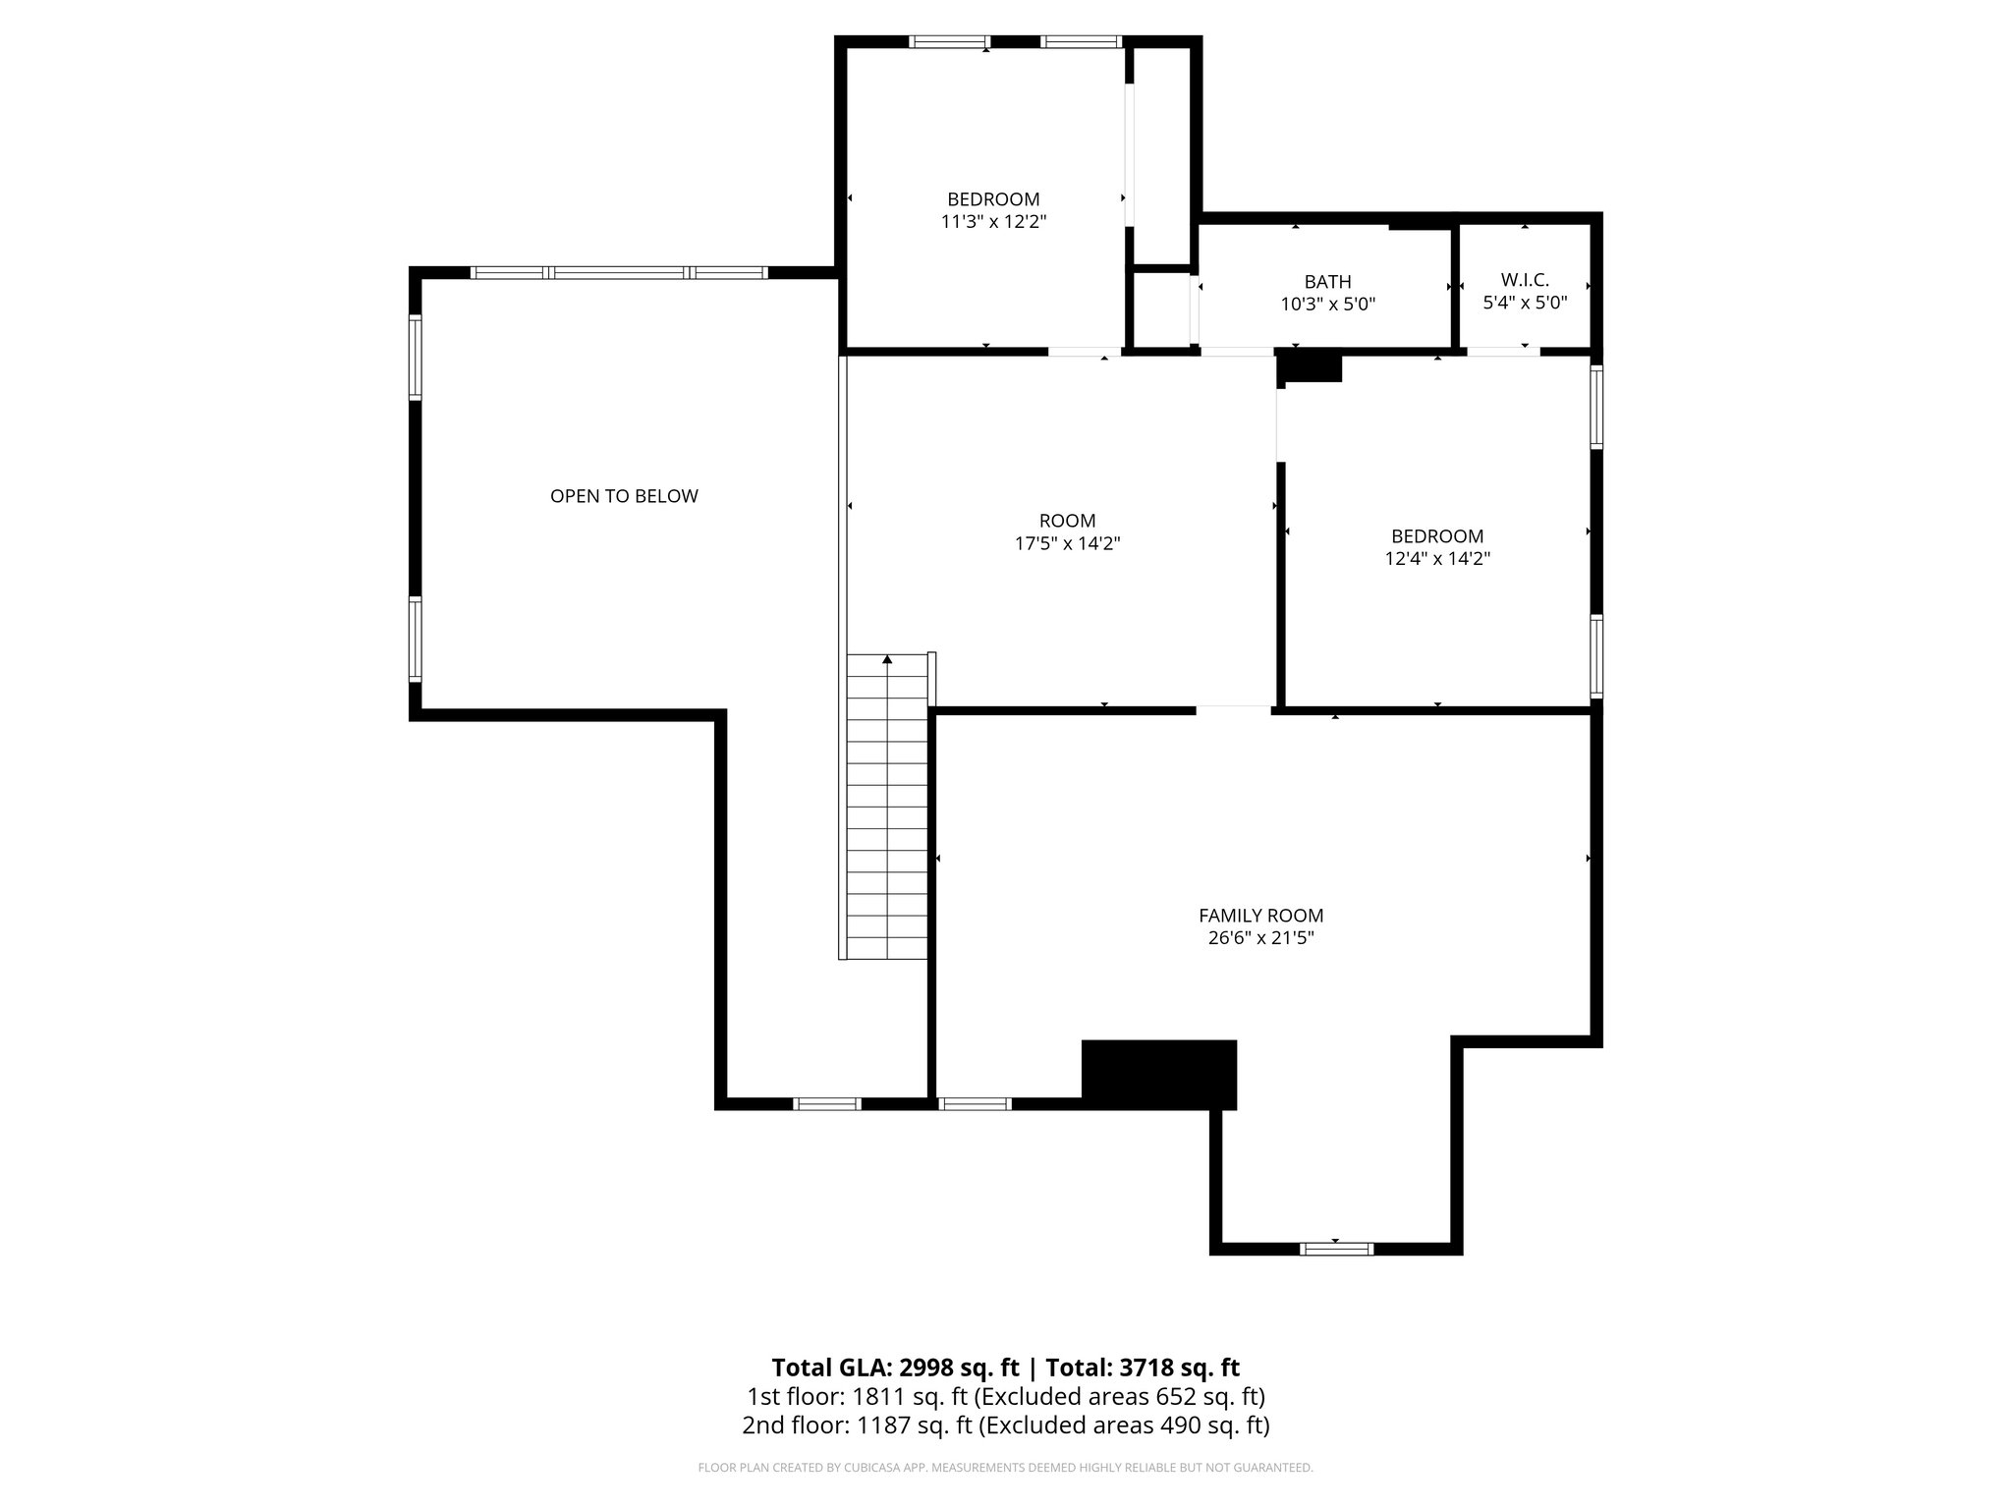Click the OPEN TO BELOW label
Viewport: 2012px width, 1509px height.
(624, 496)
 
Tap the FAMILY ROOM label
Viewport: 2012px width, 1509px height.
(1260, 916)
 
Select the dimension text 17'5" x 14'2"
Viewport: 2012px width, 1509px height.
(1067, 543)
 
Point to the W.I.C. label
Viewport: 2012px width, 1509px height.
(1525, 281)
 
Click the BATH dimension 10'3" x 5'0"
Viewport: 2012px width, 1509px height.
(1327, 305)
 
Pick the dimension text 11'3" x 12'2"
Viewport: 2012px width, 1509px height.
(993, 222)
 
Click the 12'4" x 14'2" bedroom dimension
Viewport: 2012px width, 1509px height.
(1437, 559)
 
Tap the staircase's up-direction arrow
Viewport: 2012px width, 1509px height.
(887, 660)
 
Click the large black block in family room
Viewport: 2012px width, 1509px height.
(1158, 1074)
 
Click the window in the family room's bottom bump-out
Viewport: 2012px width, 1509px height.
(1336, 1249)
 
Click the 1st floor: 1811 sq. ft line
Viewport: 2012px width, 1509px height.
(1005, 1396)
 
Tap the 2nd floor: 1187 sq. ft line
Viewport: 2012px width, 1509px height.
(1005, 1425)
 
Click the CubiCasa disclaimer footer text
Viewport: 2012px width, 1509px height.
(1005, 1468)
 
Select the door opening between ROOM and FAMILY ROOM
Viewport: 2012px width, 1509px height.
(1234, 708)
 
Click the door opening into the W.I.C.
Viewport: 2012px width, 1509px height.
(1503, 352)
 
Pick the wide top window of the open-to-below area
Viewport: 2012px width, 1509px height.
(619, 273)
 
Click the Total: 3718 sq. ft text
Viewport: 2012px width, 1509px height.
(1143, 1368)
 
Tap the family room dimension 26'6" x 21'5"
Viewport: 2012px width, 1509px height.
(1260, 938)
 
